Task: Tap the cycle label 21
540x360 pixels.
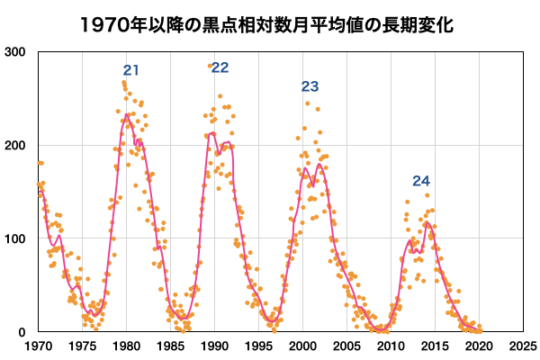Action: pos(131,70)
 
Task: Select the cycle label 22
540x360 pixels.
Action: pos(220,67)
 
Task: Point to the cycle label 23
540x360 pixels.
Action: pos(310,86)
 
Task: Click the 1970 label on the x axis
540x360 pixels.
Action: pos(38,346)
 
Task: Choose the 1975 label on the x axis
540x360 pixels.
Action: pos(82,346)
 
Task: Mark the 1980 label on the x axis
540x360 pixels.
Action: pos(126,346)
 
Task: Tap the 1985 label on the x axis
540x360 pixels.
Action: pos(170,346)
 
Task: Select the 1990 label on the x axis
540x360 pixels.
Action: pos(214,346)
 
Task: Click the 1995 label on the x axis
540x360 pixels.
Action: pos(258,346)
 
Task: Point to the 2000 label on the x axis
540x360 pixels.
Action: pos(302,346)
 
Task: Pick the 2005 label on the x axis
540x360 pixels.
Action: pos(346,346)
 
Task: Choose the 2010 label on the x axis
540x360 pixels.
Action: pos(391,346)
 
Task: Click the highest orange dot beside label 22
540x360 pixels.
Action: pos(210,66)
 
